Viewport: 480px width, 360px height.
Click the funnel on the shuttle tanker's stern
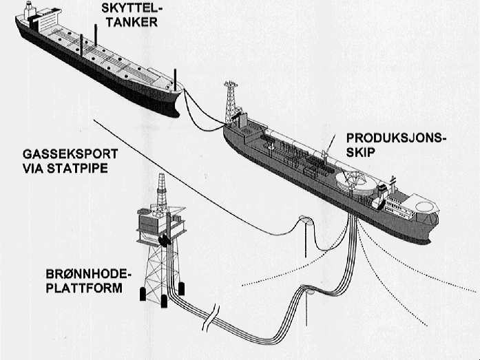tap(28, 11)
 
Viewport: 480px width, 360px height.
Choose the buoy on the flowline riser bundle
tap(310, 293)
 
